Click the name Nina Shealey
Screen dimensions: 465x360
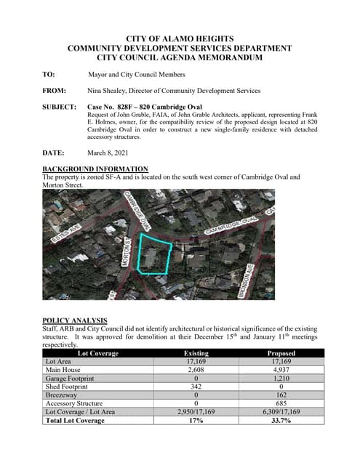click(x=109, y=91)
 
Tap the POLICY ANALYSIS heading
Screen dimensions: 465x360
click(x=75, y=320)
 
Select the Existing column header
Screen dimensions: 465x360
click(x=188, y=353)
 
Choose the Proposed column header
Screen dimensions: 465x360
click(x=281, y=353)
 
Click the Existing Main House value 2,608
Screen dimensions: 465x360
click(x=188, y=370)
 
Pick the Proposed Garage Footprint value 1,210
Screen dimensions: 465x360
click(x=281, y=379)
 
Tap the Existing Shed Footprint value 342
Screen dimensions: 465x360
click(x=188, y=387)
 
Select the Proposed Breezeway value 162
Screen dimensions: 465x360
click(x=281, y=395)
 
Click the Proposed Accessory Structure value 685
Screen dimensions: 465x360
click(x=281, y=403)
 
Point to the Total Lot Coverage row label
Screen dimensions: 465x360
click(x=75, y=421)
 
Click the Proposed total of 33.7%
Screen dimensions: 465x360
click(x=281, y=421)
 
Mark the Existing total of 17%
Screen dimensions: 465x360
click(x=188, y=421)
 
